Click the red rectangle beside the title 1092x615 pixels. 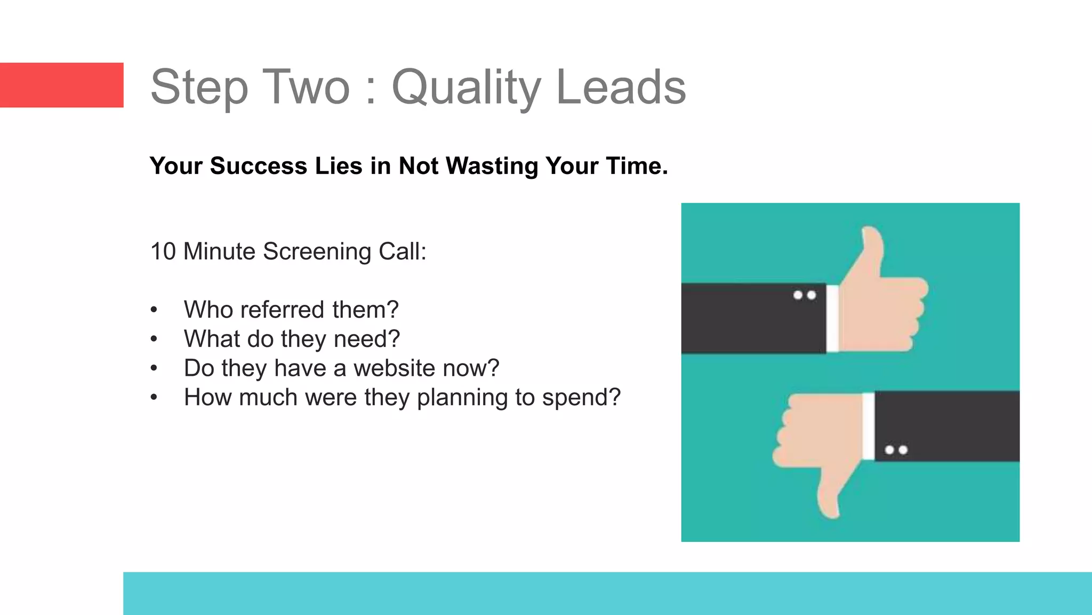pyautogui.click(x=61, y=85)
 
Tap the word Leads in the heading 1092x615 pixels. pyautogui.click(x=621, y=87)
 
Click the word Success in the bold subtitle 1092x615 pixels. pyautogui.click(x=258, y=166)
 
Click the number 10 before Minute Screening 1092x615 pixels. pyautogui.click(x=163, y=251)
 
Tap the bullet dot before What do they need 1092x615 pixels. pyautogui.click(x=154, y=339)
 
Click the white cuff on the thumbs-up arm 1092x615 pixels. pyautogui.click(x=832, y=319)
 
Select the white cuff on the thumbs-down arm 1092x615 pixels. pyautogui.click(x=868, y=426)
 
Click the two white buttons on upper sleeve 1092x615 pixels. pyautogui.click(x=805, y=295)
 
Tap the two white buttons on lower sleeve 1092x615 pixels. pyautogui.click(x=896, y=450)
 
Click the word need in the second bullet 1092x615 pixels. pyautogui.click(x=366, y=339)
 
